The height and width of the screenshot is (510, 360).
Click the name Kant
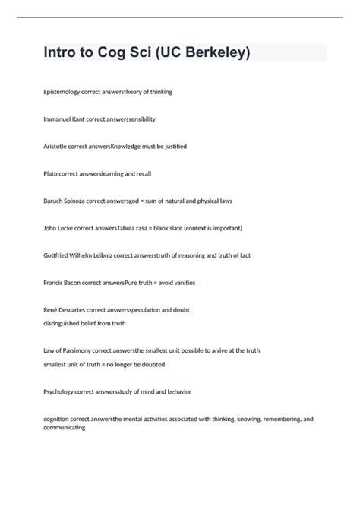pos(77,119)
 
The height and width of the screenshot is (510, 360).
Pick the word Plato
pos(52,173)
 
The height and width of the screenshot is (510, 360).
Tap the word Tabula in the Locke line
pos(127,228)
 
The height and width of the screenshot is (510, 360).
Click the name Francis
pos(55,283)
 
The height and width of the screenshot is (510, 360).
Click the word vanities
pos(182,283)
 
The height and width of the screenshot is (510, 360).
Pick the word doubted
pos(151,364)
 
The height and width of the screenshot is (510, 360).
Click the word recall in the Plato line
pos(143,173)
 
